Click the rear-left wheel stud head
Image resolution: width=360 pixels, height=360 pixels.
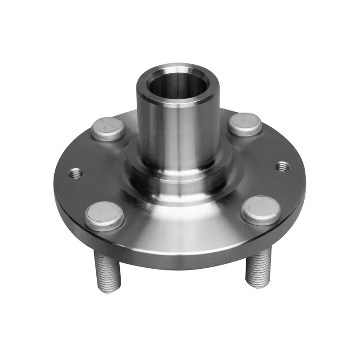coord(108,128)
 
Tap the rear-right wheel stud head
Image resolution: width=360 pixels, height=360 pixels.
coord(245,124)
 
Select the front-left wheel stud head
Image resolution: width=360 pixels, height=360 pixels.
coord(104,215)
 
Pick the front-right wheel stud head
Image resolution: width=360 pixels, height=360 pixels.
coord(261,210)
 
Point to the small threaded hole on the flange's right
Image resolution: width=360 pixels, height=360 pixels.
coord(282,166)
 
